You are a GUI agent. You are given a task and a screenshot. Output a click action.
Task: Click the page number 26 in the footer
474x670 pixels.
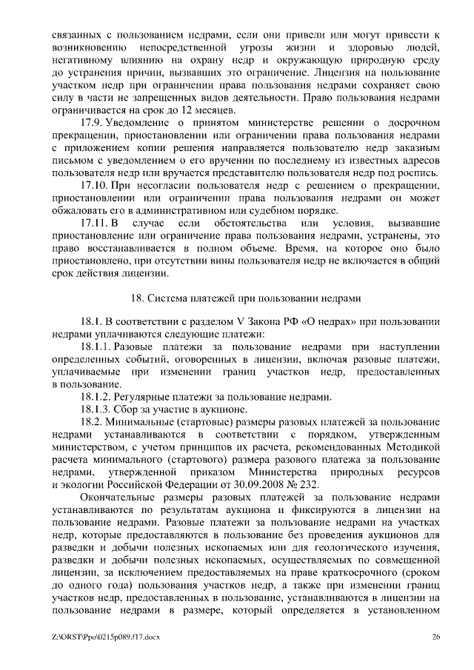click(436, 637)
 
